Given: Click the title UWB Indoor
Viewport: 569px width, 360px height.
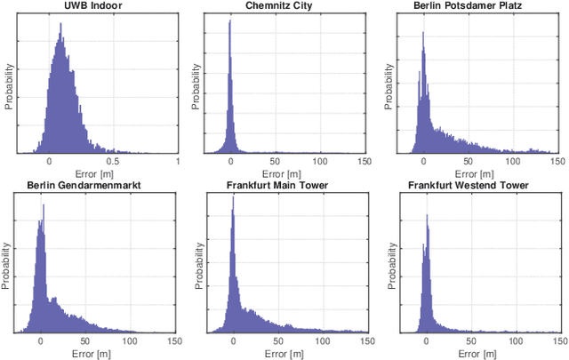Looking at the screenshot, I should [x=93, y=6].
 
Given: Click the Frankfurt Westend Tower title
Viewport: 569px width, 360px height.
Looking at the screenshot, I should [x=473, y=186].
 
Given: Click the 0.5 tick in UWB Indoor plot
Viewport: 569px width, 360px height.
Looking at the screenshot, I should [x=113, y=162].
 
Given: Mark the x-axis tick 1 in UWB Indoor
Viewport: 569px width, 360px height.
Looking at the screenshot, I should [x=178, y=162].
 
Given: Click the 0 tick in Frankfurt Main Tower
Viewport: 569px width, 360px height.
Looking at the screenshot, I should [x=233, y=340].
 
